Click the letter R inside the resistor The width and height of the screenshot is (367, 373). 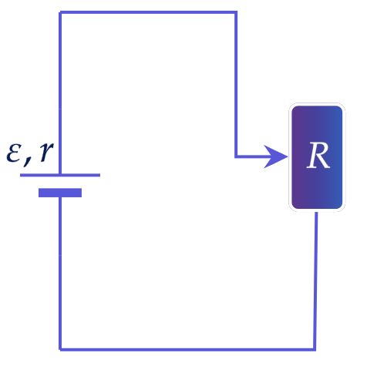318,156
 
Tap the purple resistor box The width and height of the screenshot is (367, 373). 317,157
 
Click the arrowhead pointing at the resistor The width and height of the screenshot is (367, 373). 275,156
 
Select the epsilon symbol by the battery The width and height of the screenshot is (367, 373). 13,154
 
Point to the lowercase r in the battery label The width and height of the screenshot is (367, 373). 46,152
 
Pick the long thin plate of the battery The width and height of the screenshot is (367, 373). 60,175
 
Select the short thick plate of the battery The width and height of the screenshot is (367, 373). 60,193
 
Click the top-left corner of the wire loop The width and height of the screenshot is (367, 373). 60,12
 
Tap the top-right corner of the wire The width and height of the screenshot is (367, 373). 236,12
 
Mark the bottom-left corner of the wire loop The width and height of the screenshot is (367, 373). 60,349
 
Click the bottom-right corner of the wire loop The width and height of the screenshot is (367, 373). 315,349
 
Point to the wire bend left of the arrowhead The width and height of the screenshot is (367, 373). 236,156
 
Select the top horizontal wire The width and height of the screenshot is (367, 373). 148,12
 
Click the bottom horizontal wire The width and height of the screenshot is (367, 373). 187,349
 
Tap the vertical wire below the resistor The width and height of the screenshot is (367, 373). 315,281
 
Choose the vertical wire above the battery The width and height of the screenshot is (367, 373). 60,93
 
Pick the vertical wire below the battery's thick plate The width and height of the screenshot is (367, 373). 60,274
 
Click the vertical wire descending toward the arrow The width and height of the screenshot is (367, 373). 236,84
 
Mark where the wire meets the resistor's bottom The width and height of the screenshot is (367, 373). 316,212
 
